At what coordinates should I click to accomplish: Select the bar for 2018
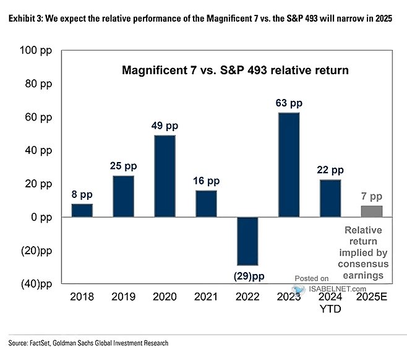(x=82, y=210)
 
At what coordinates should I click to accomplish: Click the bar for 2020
(x=165, y=176)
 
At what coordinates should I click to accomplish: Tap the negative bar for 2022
(x=247, y=241)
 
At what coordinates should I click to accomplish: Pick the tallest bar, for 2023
(x=289, y=165)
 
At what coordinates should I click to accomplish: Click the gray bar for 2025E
(x=372, y=212)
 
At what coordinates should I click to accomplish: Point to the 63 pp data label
(x=289, y=102)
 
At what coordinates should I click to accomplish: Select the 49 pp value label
(x=165, y=126)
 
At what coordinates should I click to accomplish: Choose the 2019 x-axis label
(x=124, y=297)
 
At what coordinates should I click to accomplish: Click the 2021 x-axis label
(x=207, y=297)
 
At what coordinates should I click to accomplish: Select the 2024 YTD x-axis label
(x=330, y=302)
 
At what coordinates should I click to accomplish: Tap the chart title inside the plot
(x=234, y=71)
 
